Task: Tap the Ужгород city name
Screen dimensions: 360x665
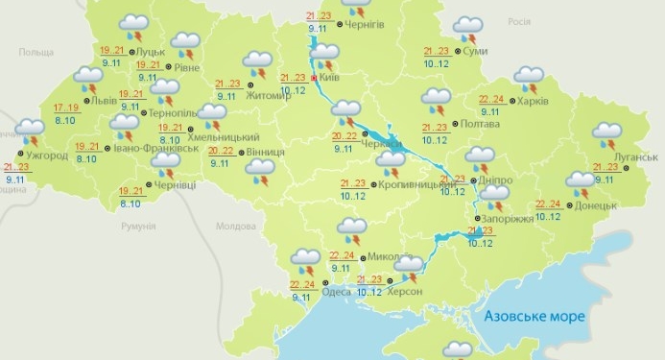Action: pyautogui.click(x=45, y=156)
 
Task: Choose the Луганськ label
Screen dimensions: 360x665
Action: pyautogui.click(x=635, y=156)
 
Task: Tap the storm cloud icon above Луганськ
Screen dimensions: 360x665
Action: pyautogui.click(x=607, y=133)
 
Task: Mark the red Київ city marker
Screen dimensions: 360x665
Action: pyautogui.click(x=314, y=77)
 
